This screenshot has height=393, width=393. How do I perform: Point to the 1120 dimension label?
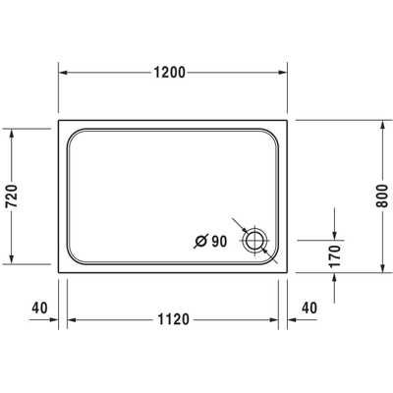pyautogui.click(x=172, y=318)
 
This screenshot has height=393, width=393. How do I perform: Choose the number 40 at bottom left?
pyautogui.click(x=39, y=308)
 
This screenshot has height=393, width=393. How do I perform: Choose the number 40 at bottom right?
pyautogui.click(x=309, y=308)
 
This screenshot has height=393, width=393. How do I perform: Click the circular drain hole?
pyautogui.click(x=256, y=241)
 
